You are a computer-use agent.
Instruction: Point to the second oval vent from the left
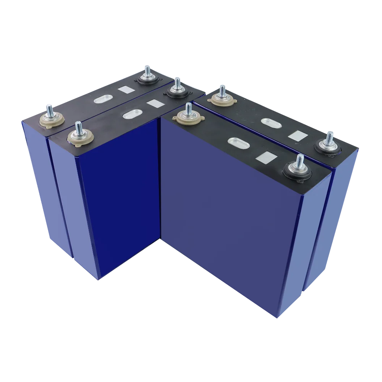click(132, 115)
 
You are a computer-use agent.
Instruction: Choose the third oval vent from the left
click(239, 144)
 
